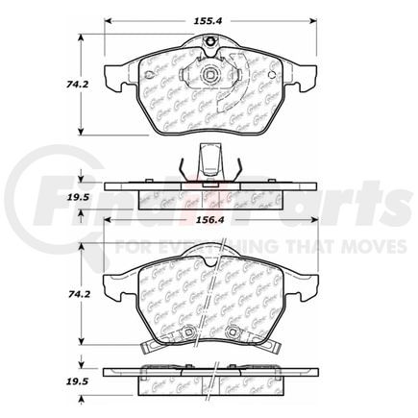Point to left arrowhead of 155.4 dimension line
[x=108, y=18]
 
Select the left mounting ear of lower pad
[x=112, y=279]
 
